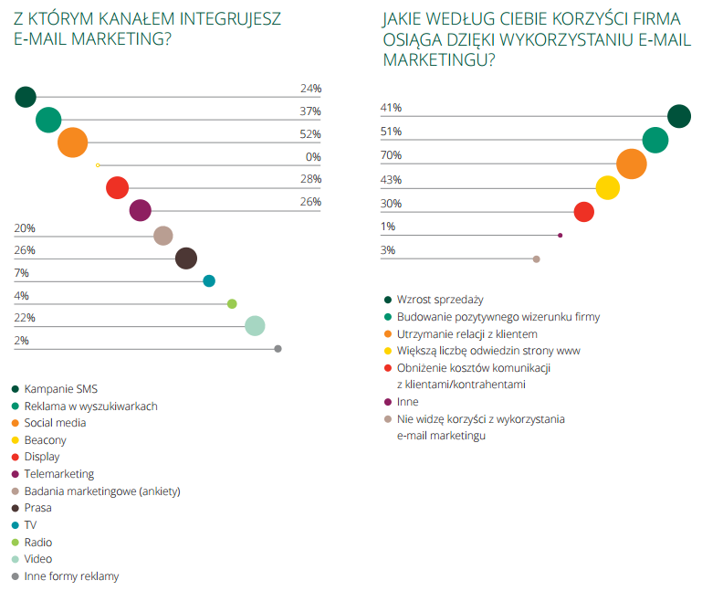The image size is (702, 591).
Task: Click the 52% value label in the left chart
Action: pyautogui.click(x=310, y=134)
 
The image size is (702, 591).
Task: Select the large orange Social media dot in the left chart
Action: pyautogui.click(x=72, y=143)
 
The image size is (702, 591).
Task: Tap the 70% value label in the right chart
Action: pyautogui.click(x=391, y=155)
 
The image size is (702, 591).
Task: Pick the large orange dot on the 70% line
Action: pyautogui.click(x=632, y=164)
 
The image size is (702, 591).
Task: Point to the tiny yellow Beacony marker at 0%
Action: pyautogui.click(x=97, y=165)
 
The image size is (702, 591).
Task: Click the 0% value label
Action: pyautogui.click(x=313, y=157)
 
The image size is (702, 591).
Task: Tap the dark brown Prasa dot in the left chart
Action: pyautogui.click(x=186, y=259)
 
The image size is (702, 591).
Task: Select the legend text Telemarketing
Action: pyautogui.click(x=58, y=474)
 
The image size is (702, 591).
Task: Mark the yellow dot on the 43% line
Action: pyautogui.click(x=608, y=188)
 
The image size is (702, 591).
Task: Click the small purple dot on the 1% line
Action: pyautogui.click(x=560, y=236)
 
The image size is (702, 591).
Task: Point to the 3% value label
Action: pyautogui.click(x=388, y=250)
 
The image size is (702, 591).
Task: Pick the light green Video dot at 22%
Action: pyautogui.click(x=256, y=326)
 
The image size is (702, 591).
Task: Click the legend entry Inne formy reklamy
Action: pyautogui.click(x=71, y=576)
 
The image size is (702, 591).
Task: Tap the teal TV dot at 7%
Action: pyautogui.click(x=209, y=281)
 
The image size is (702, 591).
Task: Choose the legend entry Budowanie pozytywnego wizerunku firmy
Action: pyautogui.click(x=498, y=317)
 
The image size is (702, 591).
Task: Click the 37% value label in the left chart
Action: pyautogui.click(x=310, y=111)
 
